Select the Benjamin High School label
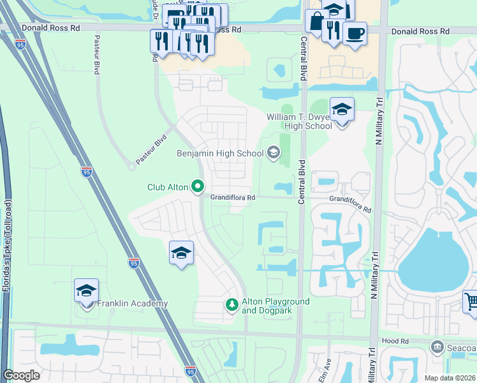220,153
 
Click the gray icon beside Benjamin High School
274,152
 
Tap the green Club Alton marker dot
198,186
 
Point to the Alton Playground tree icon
232,306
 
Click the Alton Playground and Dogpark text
275,306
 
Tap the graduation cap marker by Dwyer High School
342,110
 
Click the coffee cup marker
355,33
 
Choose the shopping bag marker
316,21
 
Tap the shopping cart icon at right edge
471,301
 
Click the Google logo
21,375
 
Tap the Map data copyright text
450,378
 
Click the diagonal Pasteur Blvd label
151,149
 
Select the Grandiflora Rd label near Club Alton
233,198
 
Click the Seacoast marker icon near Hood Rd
437,347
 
